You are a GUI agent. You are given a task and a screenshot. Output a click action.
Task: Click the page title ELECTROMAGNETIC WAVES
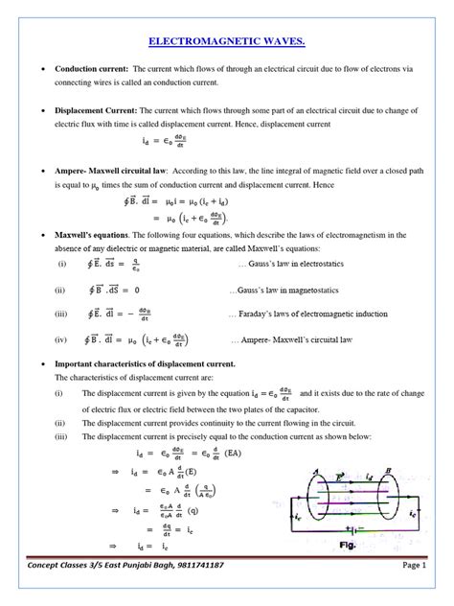[226, 41]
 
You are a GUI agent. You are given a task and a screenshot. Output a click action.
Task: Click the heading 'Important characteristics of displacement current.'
[145, 366]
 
